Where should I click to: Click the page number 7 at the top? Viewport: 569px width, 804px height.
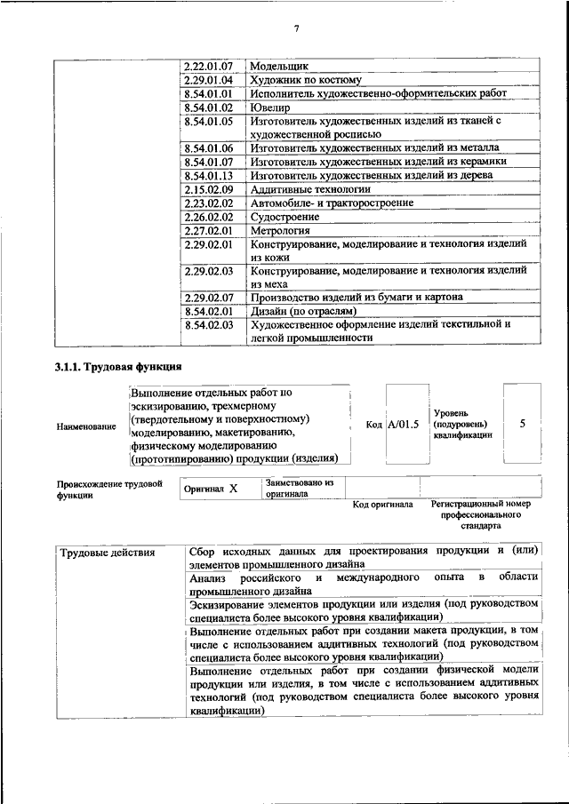pyautogui.click(x=297, y=29)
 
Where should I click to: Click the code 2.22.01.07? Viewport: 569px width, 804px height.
pyautogui.click(x=208, y=67)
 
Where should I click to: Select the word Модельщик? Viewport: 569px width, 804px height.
pyautogui.click(x=279, y=67)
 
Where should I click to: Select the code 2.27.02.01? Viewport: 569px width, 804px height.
pyautogui.click(x=208, y=229)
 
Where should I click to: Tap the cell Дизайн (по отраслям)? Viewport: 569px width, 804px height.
pyautogui.click(x=303, y=311)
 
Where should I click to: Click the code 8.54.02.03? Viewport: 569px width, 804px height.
pyautogui.click(x=208, y=324)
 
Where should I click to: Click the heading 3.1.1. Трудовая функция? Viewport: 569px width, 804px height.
pyautogui.click(x=118, y=366)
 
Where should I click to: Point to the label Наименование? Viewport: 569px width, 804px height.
pyautogui.click(x=86, y=427)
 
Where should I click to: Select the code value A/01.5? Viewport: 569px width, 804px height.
pyautogui.click(x=403, y=425)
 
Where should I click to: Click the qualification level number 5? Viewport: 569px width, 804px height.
pyautogui.click(x=523, y=424)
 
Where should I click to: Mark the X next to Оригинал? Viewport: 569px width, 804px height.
pyautogui.click(x=233, y=489)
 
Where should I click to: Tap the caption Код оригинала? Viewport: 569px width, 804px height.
pyautogui.click(x=382, y=505)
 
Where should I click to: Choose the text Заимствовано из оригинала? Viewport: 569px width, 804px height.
pyautogui.click(x=298, y=488)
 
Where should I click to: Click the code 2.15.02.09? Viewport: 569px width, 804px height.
pyautogui.click(x=208, y=189)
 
